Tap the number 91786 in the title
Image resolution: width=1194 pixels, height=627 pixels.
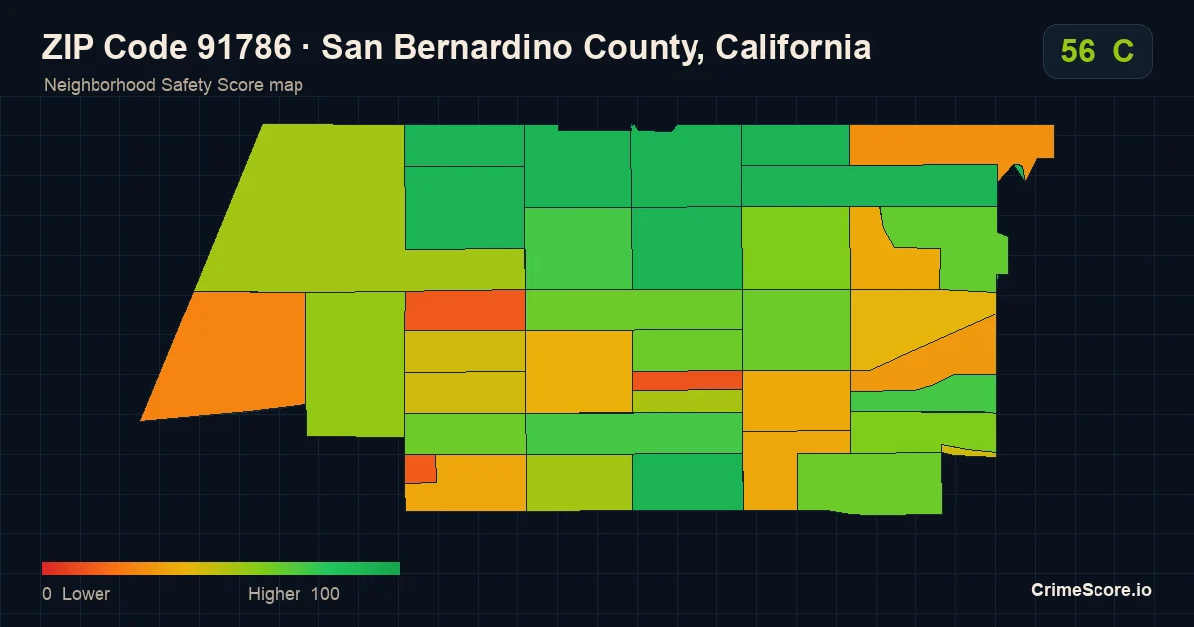click(244, 47)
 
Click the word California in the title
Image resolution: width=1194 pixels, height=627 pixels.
click(793, 47)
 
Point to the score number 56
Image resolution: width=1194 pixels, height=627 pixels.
click(1078, 51)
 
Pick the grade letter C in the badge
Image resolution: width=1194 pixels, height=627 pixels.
click(1123, 51)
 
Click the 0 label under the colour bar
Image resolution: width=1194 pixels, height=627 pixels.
click(47, 594)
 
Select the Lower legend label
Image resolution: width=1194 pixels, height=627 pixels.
click(86, 594)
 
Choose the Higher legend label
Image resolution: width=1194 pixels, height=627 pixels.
click(274, 594)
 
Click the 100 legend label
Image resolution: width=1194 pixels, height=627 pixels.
click(325, 594)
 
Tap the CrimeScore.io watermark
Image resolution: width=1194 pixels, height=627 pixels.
click(1092, 590)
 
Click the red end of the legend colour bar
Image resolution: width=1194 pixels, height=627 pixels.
click(45, 569)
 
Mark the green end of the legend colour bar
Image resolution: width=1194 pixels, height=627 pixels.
click(397, 569)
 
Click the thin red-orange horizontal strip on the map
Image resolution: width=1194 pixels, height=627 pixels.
click(688, 380)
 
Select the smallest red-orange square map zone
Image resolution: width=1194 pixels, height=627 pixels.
click(420, 469)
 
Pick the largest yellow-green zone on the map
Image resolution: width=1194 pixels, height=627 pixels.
click(319, 213)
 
